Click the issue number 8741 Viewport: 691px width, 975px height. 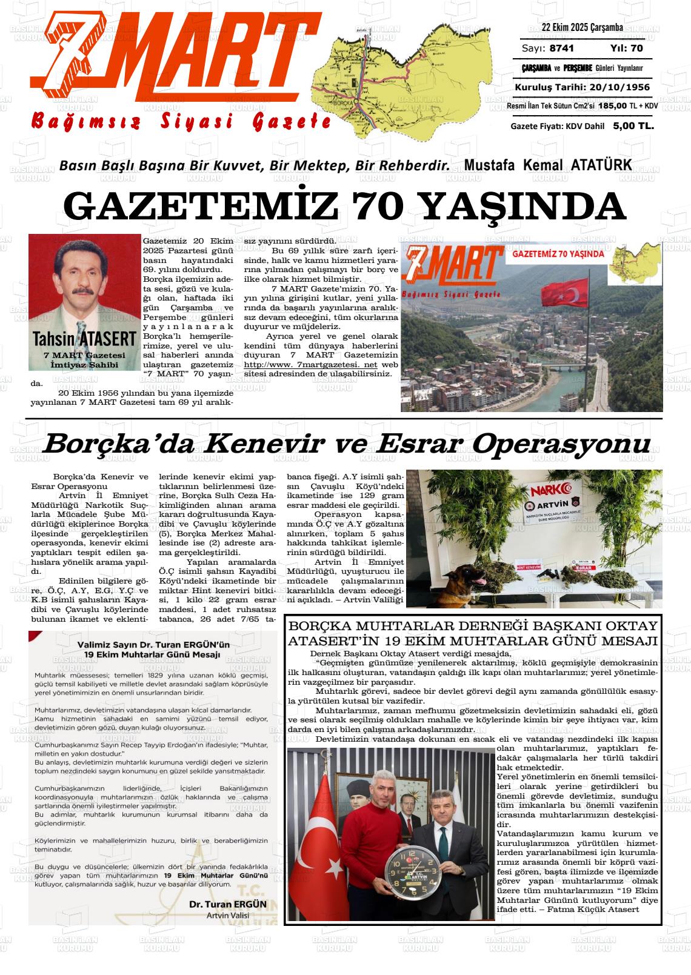coord(562,48)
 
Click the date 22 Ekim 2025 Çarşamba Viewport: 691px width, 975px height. coord(582,28)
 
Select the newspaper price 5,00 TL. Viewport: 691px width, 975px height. coord(633,126)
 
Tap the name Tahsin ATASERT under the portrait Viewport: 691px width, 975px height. coord(84,338)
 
